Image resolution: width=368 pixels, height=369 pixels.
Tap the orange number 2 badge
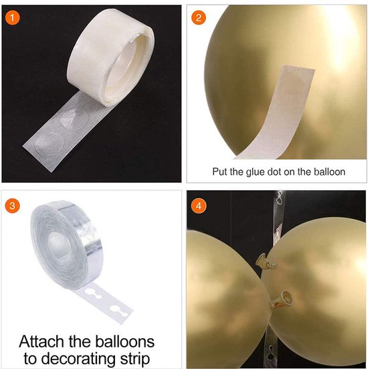[x=198, y=17]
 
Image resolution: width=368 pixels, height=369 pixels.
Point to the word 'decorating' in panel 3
[x=86, y=358]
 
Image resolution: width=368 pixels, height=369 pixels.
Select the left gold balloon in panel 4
[x=221, y=295]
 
